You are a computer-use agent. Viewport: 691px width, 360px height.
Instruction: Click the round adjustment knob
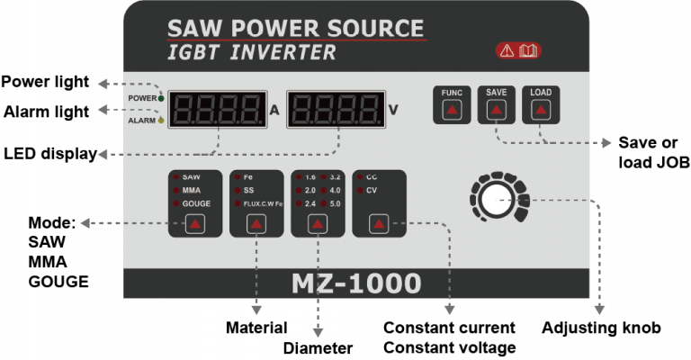tap(494, 199)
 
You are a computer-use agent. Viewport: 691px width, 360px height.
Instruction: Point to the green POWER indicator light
tap(161, 97)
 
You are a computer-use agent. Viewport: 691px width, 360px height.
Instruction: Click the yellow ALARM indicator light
tap(161, 119)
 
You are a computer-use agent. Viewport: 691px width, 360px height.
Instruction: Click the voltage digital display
tap(334, 110)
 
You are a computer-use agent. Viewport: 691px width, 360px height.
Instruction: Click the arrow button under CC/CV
tap(379, 224)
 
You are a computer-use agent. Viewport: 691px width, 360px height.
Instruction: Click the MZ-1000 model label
tap(356, 283)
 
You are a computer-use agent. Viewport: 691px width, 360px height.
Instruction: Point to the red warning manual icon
tap(518, 50)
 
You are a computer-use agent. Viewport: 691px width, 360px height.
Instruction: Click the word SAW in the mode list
tap(191, 177)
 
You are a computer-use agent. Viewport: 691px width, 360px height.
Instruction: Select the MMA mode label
tap(192, 191)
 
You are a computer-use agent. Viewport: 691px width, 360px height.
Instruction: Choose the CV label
tap(371, 191)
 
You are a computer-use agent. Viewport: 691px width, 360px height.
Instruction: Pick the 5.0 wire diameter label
tap(335, 204)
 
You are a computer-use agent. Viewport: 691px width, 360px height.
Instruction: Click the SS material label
tap(248, 191)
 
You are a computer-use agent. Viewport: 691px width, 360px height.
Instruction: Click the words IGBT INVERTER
tap(252, 53)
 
